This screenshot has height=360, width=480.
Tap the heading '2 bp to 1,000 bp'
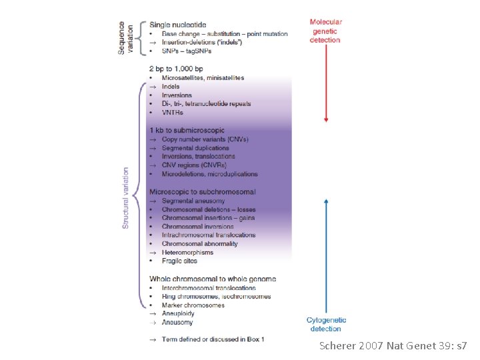click(175, 68)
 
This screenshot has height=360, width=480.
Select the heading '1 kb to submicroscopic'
click(187, 130)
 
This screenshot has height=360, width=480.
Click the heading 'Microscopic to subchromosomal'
click(202, 192)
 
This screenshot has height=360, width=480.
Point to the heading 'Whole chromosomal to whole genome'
click(213, 279)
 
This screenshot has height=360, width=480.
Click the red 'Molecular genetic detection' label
click(325, 31)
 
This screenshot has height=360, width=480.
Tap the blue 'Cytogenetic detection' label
click(326, 324)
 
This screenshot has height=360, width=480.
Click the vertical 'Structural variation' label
click(126, 198)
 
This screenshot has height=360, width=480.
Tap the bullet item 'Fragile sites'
click(180, 261)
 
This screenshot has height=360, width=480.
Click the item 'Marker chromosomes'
click(193, 305)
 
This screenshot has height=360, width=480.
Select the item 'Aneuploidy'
click(179, 313)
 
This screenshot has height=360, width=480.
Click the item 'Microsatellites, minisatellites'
click(203, 78)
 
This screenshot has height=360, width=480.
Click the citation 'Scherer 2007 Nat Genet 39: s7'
click(393, 347)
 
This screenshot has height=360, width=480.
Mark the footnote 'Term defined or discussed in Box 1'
click(213, 339)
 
